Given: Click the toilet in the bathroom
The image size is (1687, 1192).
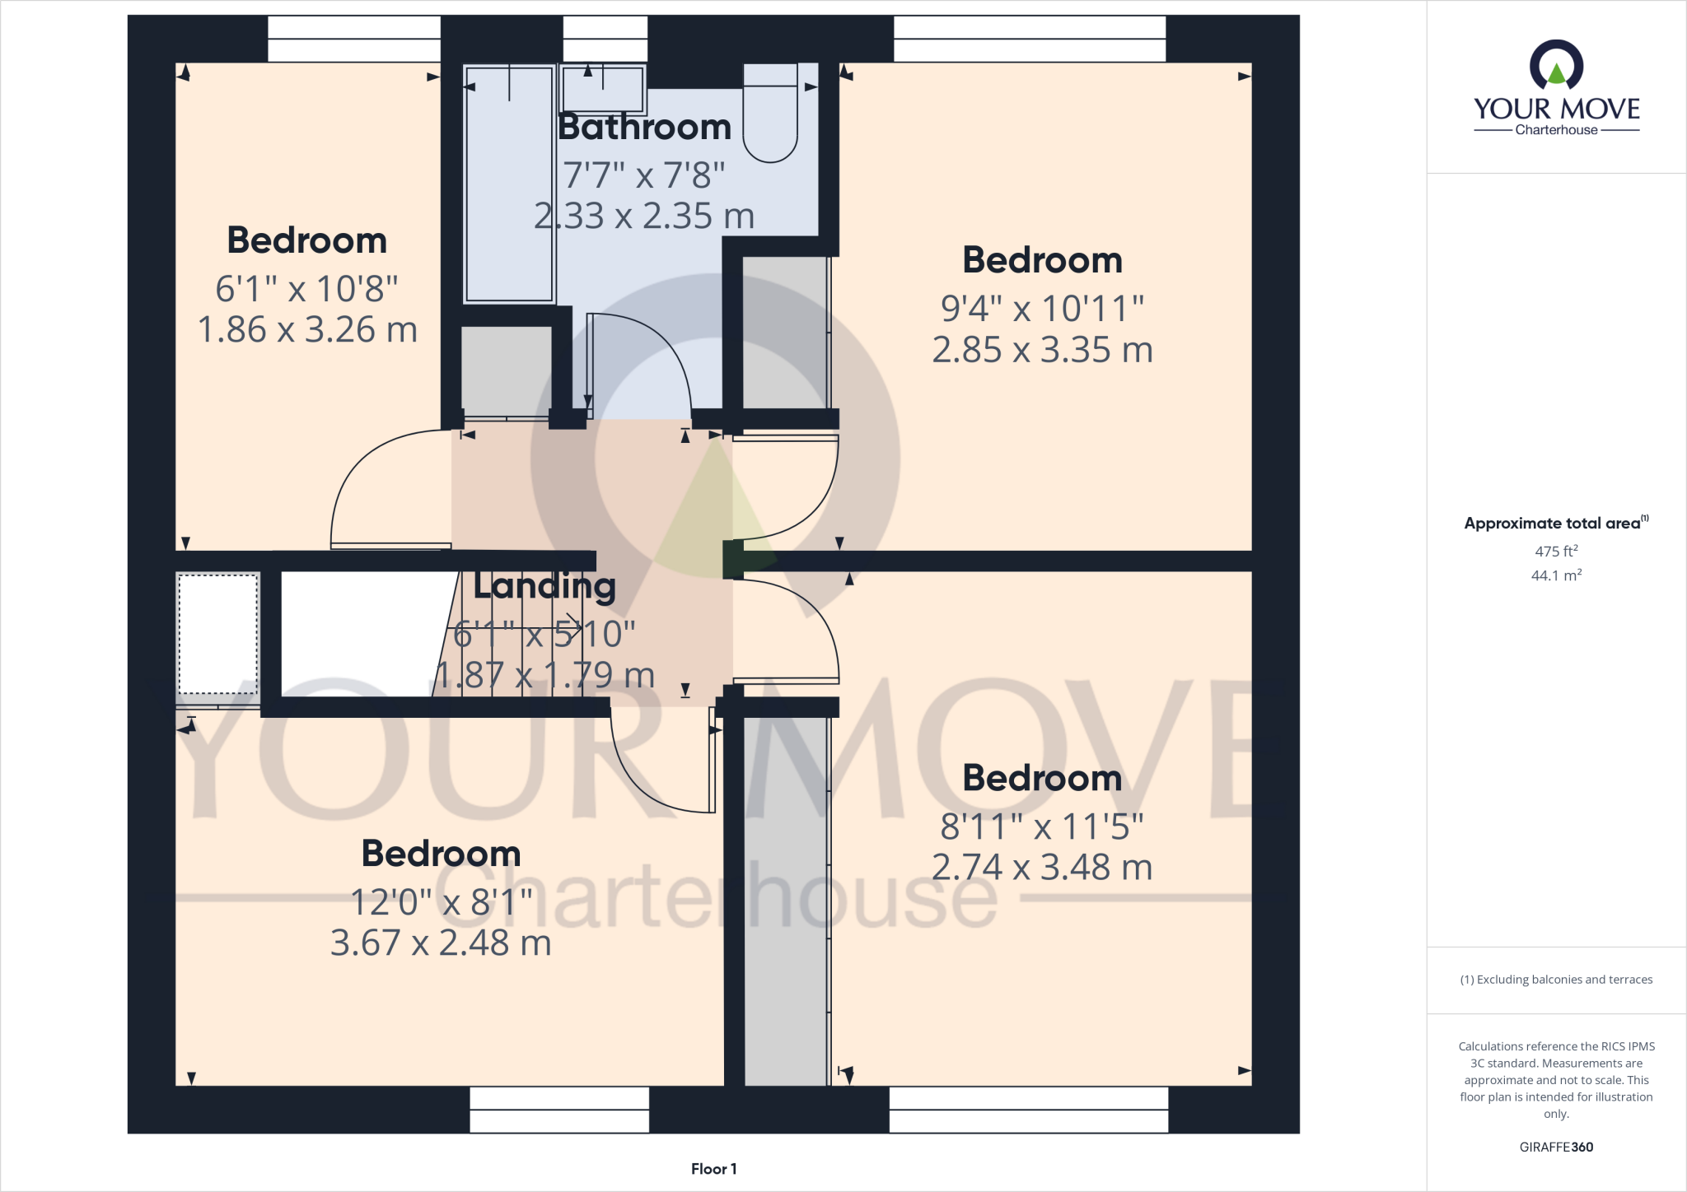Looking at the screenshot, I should tap(770, 115).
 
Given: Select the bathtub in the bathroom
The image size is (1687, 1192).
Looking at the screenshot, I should tap(509, 184).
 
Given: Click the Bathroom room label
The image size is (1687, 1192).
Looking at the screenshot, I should tap(644, 128).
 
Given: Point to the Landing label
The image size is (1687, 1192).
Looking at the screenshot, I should tap(544, 585).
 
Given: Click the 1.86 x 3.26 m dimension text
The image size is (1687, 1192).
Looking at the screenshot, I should tap(307, 330).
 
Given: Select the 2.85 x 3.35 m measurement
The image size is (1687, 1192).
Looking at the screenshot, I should tap(1042, 350).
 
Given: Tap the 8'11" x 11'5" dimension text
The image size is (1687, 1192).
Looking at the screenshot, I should tap(1042, 826).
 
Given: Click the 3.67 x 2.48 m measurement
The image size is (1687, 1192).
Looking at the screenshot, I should tap(441, 943).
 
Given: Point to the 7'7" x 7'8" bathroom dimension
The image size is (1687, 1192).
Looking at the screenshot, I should tap(643, 175).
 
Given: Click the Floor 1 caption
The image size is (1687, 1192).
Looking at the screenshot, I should tap(713, 1169).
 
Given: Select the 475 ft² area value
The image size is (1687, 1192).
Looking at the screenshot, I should tap(1555, 551).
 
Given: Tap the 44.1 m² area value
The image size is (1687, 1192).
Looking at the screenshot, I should tap(1555, 575).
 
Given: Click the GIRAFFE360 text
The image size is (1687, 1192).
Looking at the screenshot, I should tap(1556, 1147).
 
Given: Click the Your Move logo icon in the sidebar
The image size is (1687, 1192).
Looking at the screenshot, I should tap(1556, 66).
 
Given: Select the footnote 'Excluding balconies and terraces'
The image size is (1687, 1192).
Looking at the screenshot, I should tap(1556, 980).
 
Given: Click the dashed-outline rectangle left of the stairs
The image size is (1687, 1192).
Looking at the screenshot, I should tap(218, 634).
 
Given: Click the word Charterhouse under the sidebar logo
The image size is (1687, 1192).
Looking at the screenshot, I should tap(1556, 130).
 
